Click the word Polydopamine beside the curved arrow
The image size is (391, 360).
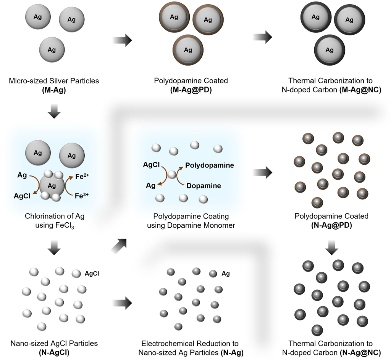point(210,166)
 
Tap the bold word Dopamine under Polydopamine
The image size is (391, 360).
point(204,186)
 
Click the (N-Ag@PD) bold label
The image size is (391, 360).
point(331,225)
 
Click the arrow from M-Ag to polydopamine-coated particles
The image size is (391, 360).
point(123,39)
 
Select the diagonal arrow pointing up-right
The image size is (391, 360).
point(120,245)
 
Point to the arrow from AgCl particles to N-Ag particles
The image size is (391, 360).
point(123,304)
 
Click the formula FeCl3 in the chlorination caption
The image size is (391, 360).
point(67,225)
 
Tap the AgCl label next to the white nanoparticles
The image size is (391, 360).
point(92,273)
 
